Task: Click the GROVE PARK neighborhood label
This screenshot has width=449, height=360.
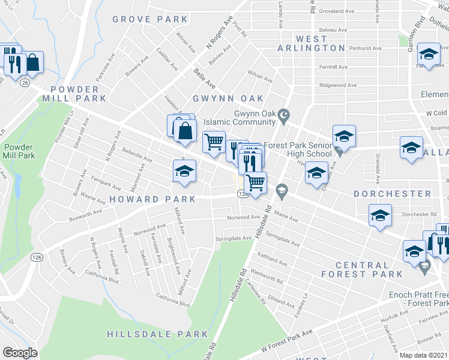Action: coord(150,20)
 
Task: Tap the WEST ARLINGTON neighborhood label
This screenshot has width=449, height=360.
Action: coord(312,43)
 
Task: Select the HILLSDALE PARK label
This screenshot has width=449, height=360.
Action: coord(157,334)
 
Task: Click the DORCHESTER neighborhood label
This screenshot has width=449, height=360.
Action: coord(392,194)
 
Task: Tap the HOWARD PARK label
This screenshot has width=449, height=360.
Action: coord(152,199)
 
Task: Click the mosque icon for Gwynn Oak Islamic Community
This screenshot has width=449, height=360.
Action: coord(286,115)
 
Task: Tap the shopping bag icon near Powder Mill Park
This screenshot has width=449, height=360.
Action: coord(33,63)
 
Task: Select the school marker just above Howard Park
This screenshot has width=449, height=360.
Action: coord(184,172)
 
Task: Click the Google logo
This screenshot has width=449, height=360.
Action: coord(20,353)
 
